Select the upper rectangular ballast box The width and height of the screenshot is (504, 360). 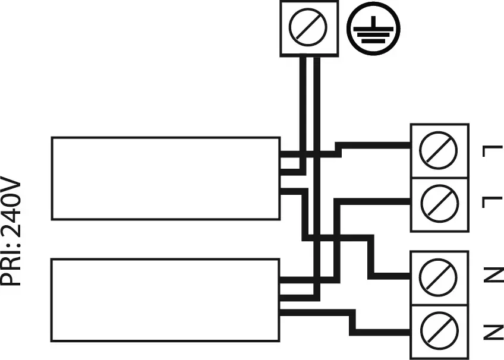[x=165, y=178]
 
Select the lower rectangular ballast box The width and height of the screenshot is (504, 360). [x=165, y=299]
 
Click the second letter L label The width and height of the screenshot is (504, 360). [x=492, y=202]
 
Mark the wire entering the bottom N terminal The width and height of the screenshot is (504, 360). [x=386, y=330]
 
